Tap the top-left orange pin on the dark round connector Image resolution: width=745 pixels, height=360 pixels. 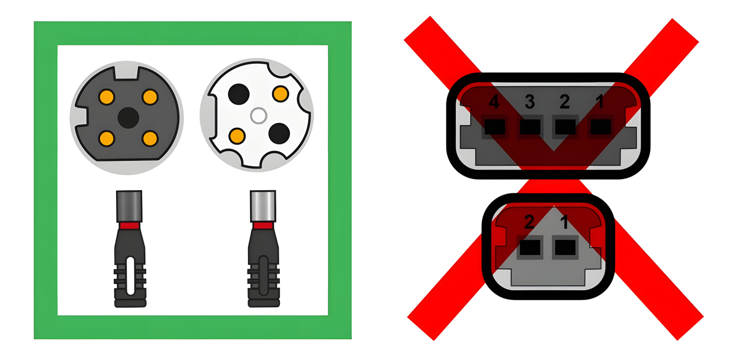[107, 96]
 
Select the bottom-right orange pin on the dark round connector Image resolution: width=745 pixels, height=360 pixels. [150, 138]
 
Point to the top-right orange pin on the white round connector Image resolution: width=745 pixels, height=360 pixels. [280, 94]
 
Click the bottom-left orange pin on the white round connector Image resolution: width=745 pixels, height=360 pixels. [237, 136]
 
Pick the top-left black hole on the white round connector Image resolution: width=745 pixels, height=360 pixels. [238, 93]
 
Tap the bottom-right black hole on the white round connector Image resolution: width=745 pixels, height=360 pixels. [279, 133]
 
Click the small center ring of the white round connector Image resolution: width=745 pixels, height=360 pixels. [258, 116]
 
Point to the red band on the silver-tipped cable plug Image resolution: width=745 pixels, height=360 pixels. [263, 225]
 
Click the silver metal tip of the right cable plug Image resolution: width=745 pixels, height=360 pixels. [263, 206]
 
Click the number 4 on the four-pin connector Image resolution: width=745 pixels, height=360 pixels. [493, 103]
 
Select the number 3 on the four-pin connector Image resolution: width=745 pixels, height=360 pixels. [529, 103]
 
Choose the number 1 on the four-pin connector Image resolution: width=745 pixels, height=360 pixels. [600, 103]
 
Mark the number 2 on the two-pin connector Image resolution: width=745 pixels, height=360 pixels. [528, 223]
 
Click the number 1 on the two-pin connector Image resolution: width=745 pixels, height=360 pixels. [564, 223]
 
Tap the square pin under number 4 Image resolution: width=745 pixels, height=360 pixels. [494, 126]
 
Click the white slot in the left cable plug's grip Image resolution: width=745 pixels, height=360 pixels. [130, 276]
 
